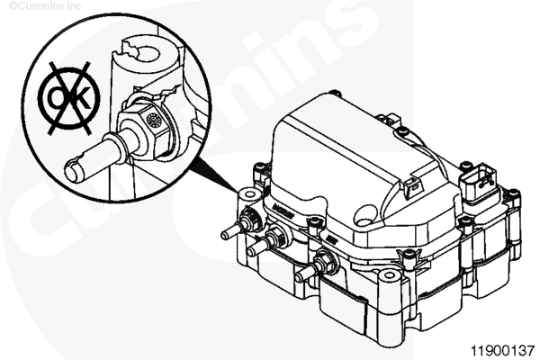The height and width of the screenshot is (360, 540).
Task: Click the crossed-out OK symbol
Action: [69, 98]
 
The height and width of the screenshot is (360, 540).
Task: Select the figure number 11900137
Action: [502, 351]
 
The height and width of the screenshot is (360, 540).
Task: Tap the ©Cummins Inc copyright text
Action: [45, 6]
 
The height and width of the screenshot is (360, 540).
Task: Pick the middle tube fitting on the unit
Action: [267, 239]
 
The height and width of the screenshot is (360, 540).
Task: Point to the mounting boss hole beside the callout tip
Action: [249, 195]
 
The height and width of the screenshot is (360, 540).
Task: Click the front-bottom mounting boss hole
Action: [389, 274]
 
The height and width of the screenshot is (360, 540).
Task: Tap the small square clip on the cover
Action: [414, 186]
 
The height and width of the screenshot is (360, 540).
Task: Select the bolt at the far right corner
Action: [514, 193]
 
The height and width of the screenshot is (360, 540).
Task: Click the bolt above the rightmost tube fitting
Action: [312, 222]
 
